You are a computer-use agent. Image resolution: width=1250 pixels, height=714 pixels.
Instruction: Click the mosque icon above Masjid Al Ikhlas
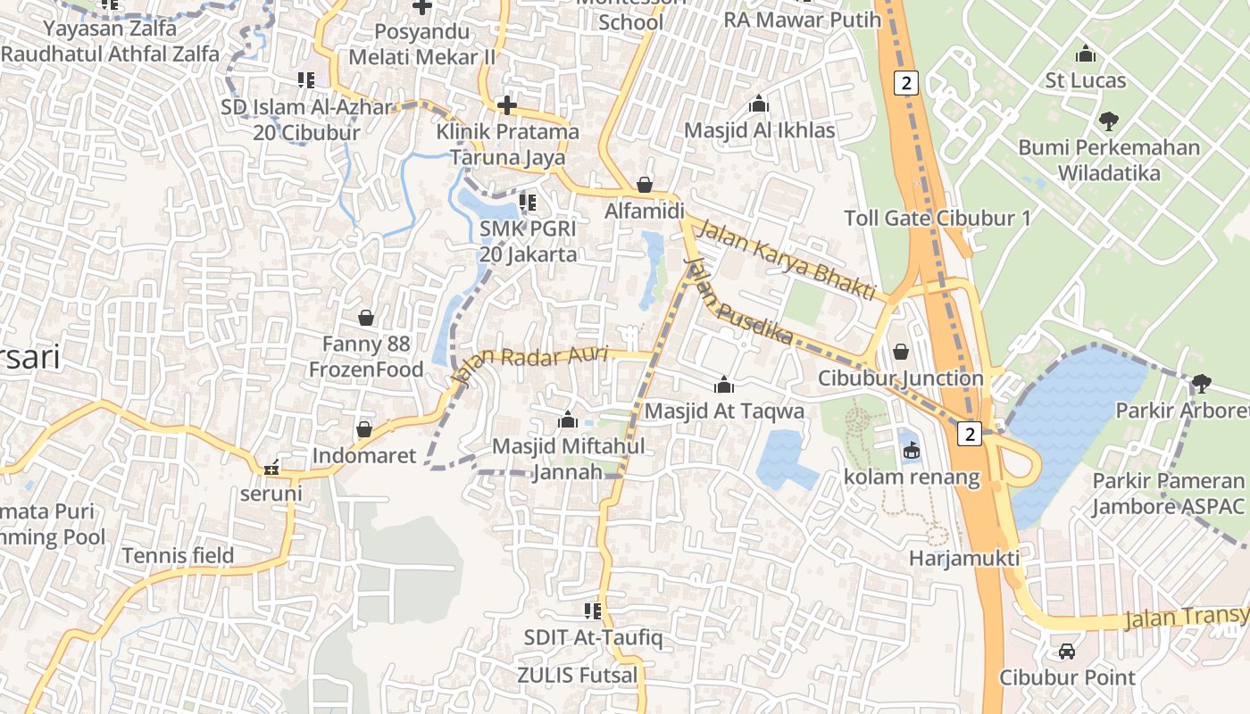pyautogui.click(x=759, y=104)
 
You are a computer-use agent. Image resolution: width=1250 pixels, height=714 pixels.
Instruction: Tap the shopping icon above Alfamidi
pyautogui.click(x=645, y=186)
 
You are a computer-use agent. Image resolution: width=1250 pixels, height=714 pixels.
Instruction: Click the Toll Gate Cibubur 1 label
pyautogui.click(x=937, y=219)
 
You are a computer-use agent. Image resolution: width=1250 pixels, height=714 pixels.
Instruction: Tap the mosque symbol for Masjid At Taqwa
pyautogui.click(x=724, y=385)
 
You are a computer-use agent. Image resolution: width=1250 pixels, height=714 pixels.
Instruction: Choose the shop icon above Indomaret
pyautogui.click(x=364, y=430)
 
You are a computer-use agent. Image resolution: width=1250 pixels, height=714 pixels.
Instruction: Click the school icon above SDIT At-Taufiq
pyautogui.click(x=592, y=611)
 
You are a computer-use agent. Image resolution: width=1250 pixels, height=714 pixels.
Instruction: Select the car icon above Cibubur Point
pyautogui.click(x=1067, y=652)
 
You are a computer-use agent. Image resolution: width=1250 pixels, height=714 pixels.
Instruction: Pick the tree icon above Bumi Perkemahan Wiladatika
pyautogui.click(x=1109, y=120)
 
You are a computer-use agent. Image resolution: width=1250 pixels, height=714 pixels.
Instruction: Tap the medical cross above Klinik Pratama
pyautogui.click(x=507, y=106)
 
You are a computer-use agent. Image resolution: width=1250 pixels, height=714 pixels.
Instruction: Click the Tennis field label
pyautogui.click(x=178, y=556)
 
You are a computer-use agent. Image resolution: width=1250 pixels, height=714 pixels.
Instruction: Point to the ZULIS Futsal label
pyautogui.click(x=579, y=676)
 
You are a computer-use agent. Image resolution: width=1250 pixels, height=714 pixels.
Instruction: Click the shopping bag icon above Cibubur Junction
pyautogui.click(x=901, y=352)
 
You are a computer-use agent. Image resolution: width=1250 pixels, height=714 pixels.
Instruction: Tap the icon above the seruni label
pyautogui.click(x=271, y=468)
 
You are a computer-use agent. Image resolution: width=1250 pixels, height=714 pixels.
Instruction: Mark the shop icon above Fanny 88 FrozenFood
pyautogui.click(x=366, y=318)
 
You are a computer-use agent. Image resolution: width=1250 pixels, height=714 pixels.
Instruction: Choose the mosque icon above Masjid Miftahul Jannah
pyautogui.click(x=568, y=419)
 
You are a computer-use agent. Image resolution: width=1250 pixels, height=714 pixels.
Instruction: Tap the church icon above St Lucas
pyautogui.click(x=1086, y=54)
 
